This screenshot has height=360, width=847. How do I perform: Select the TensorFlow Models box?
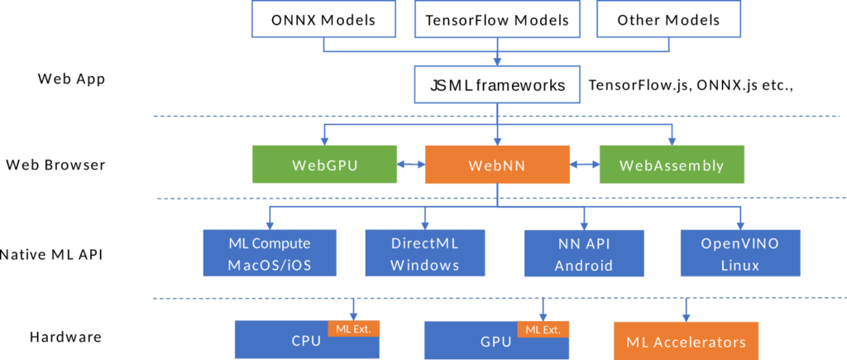(x=496, y=20)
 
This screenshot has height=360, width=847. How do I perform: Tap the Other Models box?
(x=668, y=20)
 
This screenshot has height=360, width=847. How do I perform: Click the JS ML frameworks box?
(x=497, y=85)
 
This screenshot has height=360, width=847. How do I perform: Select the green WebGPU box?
(x=324, y=165)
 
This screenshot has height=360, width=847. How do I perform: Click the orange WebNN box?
(x=497, y=165)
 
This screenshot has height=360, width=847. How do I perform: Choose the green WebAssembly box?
(x=672, y=165)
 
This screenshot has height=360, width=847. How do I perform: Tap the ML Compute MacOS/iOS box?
(x=270, y=254)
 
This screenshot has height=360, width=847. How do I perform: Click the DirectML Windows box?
(x=425, y=254)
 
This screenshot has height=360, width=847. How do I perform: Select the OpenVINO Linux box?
(x=739, y=254)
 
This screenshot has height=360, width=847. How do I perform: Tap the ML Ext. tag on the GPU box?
(x=543, y=329)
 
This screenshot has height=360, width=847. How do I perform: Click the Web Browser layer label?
(x=55, y=165)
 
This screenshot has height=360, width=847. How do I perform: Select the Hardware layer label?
(x=65, y=337)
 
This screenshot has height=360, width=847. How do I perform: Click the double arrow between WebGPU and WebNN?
(x=411, y=165)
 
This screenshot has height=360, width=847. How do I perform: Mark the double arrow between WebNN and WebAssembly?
(x=584, y=165)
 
